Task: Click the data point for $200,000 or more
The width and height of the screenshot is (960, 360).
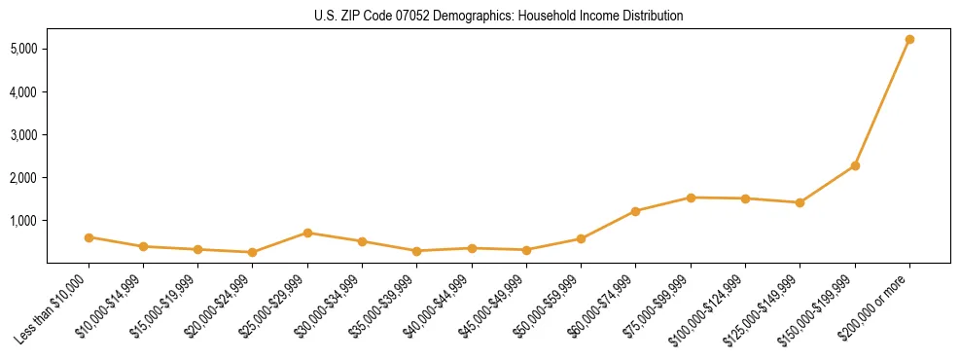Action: pyautogui.click(x=909, y=40)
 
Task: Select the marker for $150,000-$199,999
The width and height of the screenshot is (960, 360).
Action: pyautogui.click(x=855, y=166)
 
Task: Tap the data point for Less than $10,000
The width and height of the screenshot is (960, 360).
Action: pyautogui.click(x=89, y=237)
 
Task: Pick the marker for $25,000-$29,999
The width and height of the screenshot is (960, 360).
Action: pyautogui.click(x=307, y=233)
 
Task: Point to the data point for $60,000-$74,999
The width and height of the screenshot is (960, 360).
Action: pyautogui.click(x=635, y=211)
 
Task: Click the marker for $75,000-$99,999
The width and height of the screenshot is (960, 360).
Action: pyautogui.click(x=691, y=198)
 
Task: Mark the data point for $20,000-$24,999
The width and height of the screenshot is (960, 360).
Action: pyautogui.click(x=253, y=252)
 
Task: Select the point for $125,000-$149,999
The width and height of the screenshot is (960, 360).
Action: pyautogui.click(x=800, y=202)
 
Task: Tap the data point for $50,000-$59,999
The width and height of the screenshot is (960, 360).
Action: pyautogui.click(x=581, y=238)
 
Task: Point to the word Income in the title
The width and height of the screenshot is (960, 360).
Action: pyautogui.click(x=587, y=17)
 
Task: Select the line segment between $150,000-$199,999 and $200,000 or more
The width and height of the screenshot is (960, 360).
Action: pyautogui.click(x=882, y=103)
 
